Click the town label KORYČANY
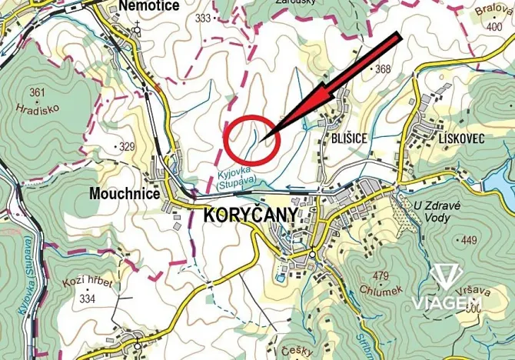click(249, 216)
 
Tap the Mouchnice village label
click(125, 194)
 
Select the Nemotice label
click(150, 6)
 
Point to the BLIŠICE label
click(351, 138)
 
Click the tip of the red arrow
click(263, 138)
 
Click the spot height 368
click(382, 70)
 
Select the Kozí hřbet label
click(89, 285)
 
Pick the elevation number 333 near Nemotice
click(203, 17)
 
